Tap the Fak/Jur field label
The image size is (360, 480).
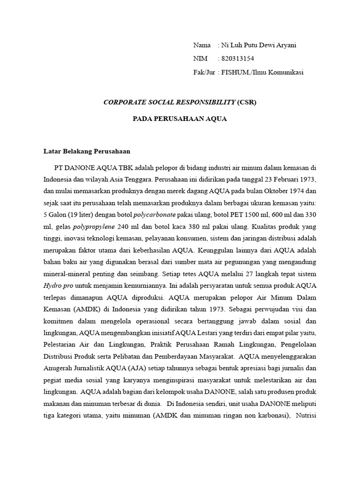click(x=204, y=72)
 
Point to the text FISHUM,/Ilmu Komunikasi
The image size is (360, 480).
click(x=265, y=72)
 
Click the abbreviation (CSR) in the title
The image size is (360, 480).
click(x=247, y=102)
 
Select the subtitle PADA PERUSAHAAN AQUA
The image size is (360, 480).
click(x=180, y=119)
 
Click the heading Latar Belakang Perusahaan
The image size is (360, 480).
click(x=87, y=151)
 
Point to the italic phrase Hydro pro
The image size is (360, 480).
click(x=59, y=285)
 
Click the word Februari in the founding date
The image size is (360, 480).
click(x=280, y=180)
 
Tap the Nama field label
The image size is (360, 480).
click(x=202, y=45)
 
